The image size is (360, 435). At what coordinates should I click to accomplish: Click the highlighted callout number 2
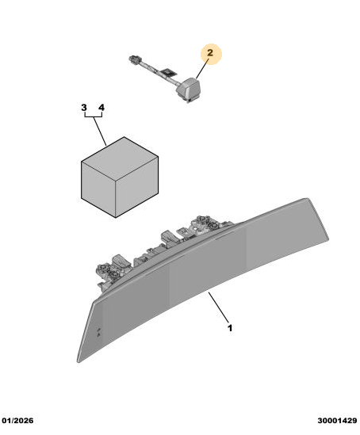pyautogui.click(x=210, y=53)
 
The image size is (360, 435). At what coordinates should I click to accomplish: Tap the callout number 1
pyautogui.click(x=230, y=328)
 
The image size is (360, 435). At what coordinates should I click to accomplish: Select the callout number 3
pyautogui.click(x=84, y=107)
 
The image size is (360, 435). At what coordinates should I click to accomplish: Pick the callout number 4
pyautogui.click(x=101, y=107)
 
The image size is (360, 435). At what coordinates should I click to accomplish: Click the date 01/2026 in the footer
pyautogui.click(x=17, y=421)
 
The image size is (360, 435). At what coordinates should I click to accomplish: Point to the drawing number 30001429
pyautogui.click(x=337, y=421)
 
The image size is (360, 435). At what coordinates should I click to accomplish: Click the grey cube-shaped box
pyautogui.click(x=120, y=177)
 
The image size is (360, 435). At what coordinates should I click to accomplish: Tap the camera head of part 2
pyautogui.click(x=190, y=89)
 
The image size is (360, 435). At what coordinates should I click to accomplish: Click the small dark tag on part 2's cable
pyautogui.click(x=170, y=73)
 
